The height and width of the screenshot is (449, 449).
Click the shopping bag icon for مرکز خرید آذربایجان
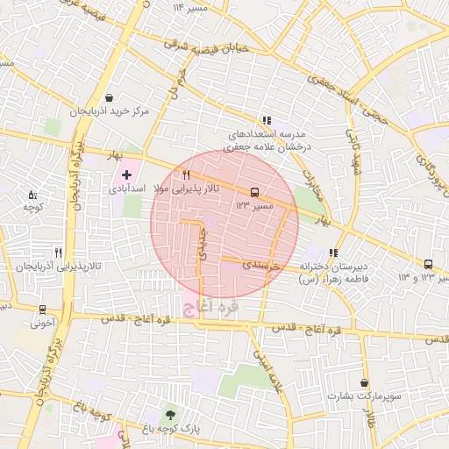[x=109, y=98]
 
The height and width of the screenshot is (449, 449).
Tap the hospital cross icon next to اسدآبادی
[x=127, y=175]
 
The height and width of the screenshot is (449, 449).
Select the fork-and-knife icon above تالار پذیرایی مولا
[x=186, y=175]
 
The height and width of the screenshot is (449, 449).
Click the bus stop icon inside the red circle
[x=254, y=191]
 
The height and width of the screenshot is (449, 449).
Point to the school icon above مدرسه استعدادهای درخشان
[x=266, y=121]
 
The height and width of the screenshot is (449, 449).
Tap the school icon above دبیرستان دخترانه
[x=333, y=253]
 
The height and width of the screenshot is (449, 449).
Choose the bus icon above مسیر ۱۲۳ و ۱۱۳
[x=428, y=264]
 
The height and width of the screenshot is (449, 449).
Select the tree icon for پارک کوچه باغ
[x=170, y=414]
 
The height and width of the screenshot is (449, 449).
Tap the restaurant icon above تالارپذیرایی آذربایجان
[x=58, y=252]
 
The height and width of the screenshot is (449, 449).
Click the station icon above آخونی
[x=42, y=310]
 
